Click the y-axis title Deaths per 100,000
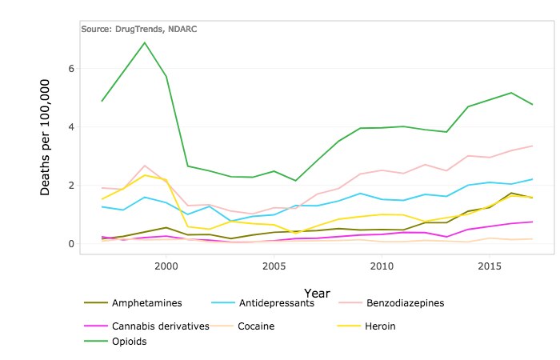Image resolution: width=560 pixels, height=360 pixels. coord(46,137)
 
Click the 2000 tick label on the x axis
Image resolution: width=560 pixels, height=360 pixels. coord(166,264)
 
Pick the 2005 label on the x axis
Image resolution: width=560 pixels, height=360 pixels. coord(274,264)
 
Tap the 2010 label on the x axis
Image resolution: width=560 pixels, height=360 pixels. coord(382,264)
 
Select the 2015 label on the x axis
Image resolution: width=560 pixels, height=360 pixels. coord(489,264)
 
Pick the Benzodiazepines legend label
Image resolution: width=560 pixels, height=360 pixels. coord(403,303)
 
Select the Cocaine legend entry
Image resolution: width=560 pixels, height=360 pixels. coord(257,326)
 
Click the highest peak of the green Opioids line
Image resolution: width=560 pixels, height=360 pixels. coord(144,42)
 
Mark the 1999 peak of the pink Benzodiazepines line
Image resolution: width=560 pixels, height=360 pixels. coord(144,166)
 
